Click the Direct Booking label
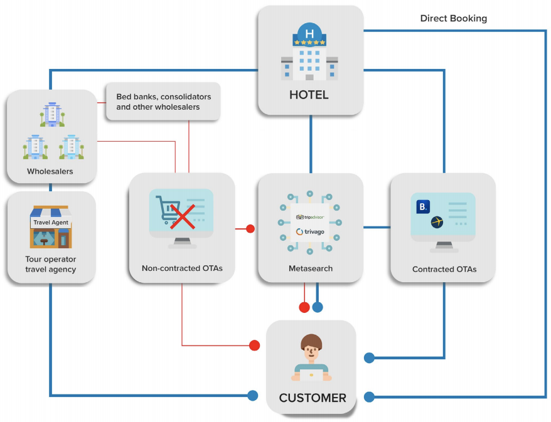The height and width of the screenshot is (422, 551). point(453,18)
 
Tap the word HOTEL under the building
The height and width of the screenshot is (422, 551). point(309,95)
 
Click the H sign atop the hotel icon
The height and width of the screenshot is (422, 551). point(309,34)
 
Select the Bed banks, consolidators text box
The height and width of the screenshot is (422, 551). point(163,102)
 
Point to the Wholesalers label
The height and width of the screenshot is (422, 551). point(50,171)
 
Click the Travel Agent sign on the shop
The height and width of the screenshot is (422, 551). point(51,222)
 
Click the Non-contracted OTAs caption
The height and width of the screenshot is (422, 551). point(182,268)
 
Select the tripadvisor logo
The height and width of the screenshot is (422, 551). point(310,218)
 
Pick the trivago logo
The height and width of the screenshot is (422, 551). point(310,232)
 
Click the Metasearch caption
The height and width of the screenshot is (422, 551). point(311,268)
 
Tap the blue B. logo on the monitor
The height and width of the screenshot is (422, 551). point(423,206)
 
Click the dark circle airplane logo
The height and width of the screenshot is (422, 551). point(437,222)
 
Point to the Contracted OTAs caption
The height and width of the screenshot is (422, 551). point(444,269)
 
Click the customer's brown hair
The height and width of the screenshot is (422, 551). point(311,341)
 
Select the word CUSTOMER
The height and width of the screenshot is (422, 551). point(313,398)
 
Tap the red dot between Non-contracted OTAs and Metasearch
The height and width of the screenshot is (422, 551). point(250,229)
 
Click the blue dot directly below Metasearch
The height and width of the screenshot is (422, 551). point(318,307)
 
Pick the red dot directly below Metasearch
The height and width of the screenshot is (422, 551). point(304,307)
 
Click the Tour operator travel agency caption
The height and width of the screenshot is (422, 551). point(51,264)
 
